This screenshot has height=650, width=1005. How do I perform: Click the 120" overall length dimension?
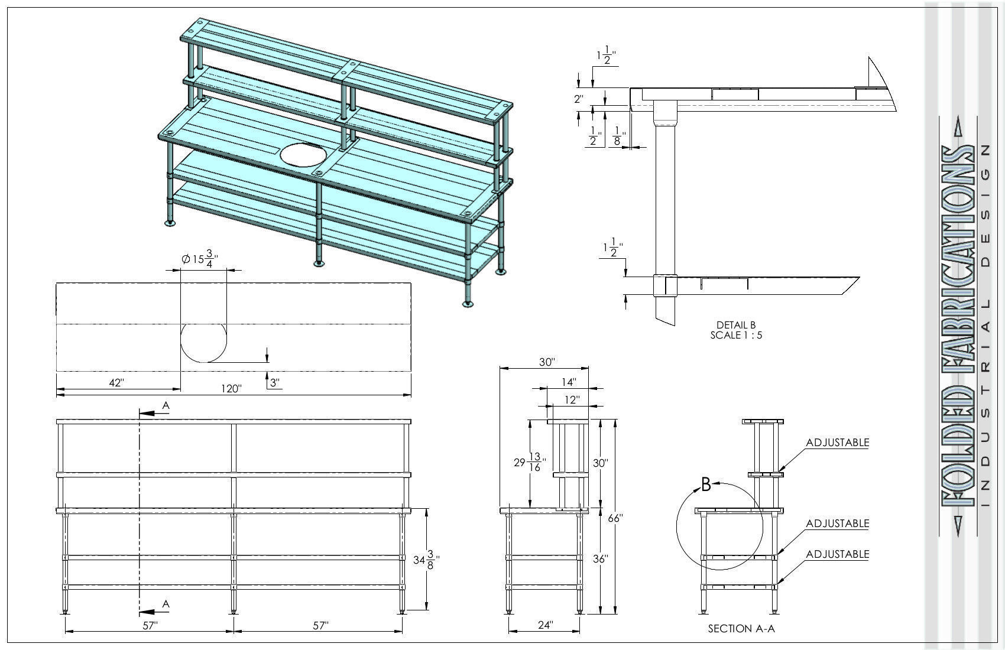tap(232, 388)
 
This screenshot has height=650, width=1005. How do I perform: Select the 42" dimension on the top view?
tap(116, 383)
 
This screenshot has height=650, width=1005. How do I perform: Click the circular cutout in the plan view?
tap(203, 342)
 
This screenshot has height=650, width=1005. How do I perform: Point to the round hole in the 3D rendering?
tap(303, 155)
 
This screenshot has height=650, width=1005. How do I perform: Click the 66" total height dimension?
tap(615, 518)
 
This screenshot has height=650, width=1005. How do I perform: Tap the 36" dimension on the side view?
tap(600, 559)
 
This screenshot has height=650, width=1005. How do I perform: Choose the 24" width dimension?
tap(545, 624)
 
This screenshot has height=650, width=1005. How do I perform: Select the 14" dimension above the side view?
tap(568, 382)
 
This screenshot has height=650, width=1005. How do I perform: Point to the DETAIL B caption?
tap(735, 325)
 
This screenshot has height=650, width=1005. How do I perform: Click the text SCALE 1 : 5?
tap(735, 335)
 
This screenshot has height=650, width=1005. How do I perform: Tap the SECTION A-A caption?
tap(741, 629)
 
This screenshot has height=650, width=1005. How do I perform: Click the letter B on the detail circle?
tap(705, 485)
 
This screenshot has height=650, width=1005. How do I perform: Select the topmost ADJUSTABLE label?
tap(837, 443)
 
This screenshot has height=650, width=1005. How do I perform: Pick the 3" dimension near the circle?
tap(274, 383)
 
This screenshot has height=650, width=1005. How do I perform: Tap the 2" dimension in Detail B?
tap(579, 99)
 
